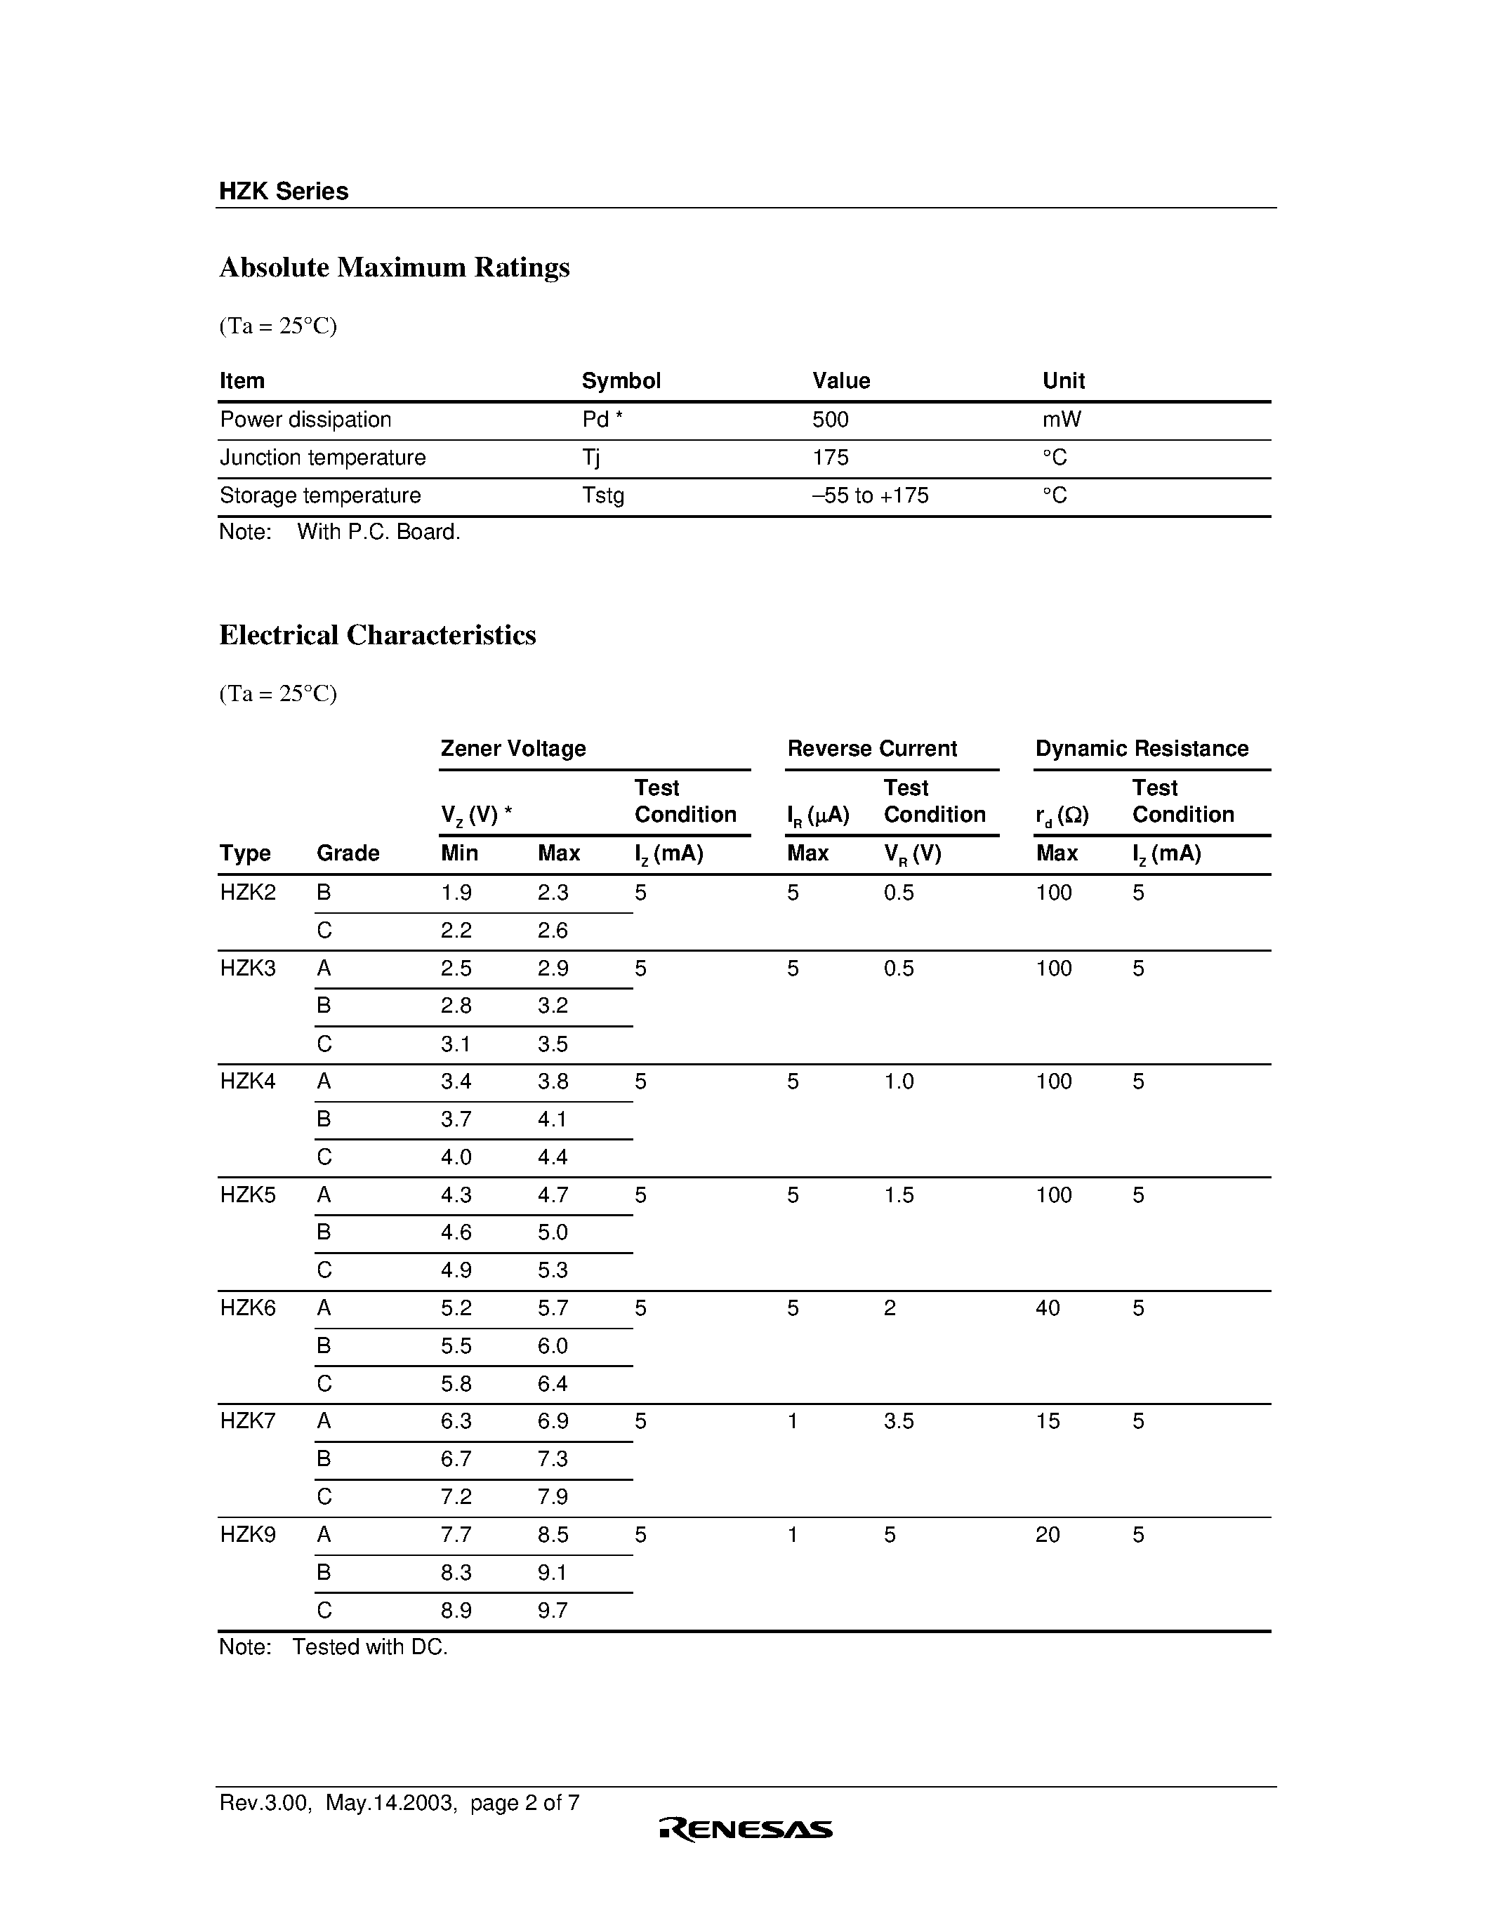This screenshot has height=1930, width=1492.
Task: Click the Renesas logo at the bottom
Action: pos(745,1829)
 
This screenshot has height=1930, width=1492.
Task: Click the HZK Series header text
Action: pos(284,191)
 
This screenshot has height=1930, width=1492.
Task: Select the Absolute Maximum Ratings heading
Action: pos(394,267)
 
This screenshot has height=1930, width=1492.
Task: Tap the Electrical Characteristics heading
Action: pos(378,634)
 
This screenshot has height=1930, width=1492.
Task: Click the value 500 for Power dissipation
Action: pos(830,420)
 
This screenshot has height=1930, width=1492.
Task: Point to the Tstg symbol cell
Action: pos(603,495)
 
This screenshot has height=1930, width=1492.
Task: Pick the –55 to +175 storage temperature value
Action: pos(870,495)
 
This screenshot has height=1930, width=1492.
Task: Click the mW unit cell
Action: pos(1062,420)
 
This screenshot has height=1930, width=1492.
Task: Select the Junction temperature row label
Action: pos(322,458)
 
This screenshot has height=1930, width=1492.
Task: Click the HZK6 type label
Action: pos(247,1308)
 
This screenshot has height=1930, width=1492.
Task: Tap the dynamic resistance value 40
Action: pos(1048,1308)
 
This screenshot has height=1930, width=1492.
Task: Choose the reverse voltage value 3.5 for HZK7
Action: pos(898,1421)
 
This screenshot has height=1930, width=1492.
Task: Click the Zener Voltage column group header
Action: pos(513,749)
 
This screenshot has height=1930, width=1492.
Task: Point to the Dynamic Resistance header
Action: pos(1141,749)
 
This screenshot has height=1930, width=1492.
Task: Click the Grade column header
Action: pos(348,853)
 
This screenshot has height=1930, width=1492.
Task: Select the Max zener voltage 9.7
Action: pos(553,1610)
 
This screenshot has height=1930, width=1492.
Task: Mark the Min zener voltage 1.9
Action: pos(456,893)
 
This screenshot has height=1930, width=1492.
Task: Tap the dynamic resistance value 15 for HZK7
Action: pos(1048,1421)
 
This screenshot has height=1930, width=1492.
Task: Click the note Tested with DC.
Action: pos(369,1647)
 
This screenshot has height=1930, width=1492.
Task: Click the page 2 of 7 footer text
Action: pos(524,1803)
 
